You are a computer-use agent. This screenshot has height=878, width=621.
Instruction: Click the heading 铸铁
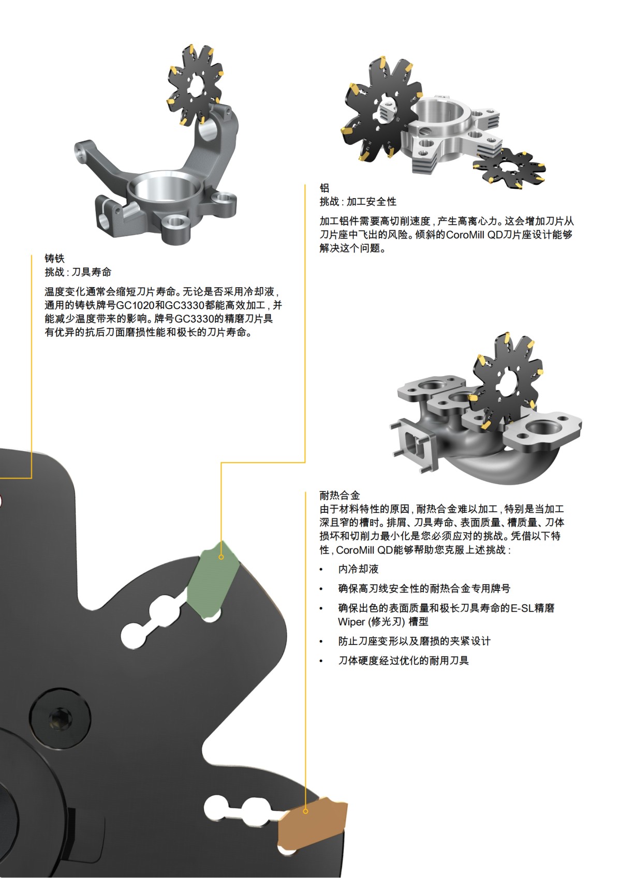(54, 258)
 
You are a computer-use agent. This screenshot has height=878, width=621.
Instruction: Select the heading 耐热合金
(339, 495)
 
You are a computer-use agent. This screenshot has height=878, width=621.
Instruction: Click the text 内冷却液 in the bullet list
(358, 569)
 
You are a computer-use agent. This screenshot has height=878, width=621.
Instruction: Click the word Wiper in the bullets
(351, 622)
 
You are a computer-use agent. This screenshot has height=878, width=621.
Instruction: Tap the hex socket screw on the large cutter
(56, 719)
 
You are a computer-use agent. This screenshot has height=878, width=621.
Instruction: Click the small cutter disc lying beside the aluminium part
(509, 169)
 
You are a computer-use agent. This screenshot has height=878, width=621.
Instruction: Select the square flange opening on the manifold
(410, 443)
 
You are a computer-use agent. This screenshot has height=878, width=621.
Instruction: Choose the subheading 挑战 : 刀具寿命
(78, 272)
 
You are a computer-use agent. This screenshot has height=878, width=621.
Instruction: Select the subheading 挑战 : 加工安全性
(358, 202)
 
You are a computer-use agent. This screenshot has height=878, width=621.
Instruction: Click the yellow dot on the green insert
(221, 557)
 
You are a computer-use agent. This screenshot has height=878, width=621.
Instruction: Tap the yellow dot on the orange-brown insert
(306, 811)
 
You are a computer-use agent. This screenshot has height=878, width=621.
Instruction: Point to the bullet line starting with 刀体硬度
(403, 661)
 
